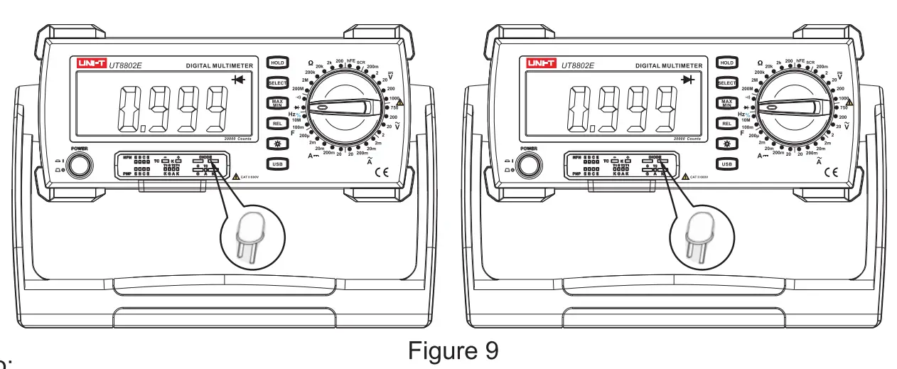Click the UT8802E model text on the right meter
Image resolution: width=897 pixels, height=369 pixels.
(577, 65)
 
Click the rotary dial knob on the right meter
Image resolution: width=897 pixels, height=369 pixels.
(790, 107)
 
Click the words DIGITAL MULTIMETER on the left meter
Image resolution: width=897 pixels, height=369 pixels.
(220, 65)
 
